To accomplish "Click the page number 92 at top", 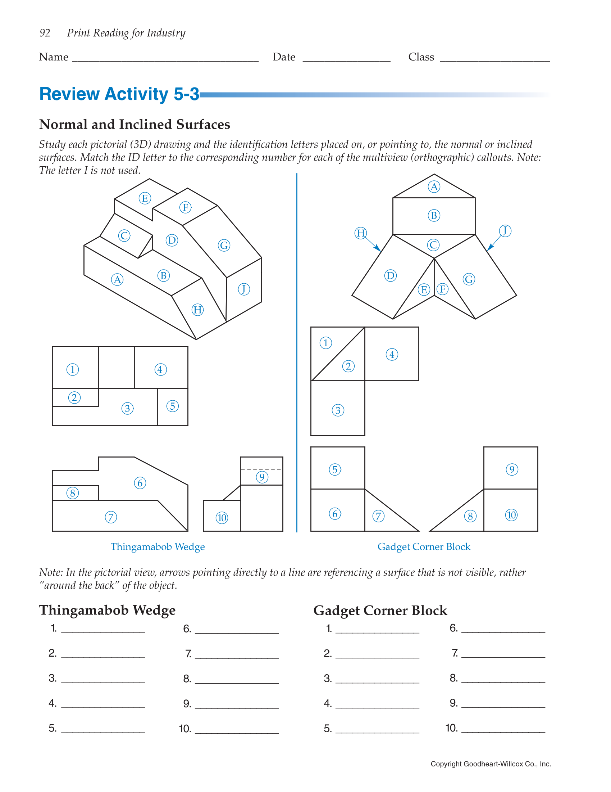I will click(x=45, y=33).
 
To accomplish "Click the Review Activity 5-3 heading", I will click(x=119, y=94).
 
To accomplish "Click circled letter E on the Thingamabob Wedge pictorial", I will click(x=145, y=198).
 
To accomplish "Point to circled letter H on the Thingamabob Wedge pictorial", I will click(x=197, y=310).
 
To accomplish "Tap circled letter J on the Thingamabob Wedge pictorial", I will click(x=244, y=289).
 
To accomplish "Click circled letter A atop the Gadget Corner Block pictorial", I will click(x=434, y=187).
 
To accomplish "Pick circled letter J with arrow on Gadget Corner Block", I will click(x=505, y=231).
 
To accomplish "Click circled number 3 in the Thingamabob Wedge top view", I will click(x=127, y=408).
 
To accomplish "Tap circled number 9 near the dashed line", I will click(x=262, y=477).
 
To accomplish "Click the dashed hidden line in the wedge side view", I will click(x=261, y=469).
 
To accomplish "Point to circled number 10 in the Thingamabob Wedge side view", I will click(x=222, y=517).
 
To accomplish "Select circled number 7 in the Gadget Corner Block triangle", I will click(x=378, y=516).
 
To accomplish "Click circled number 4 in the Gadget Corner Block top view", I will click(x=392, y=354).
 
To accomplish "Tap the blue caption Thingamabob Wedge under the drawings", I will click(x=158, y=546).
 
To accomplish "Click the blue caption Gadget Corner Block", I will click(x=423, y=546).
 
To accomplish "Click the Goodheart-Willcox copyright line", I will click(x=491, y=764).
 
